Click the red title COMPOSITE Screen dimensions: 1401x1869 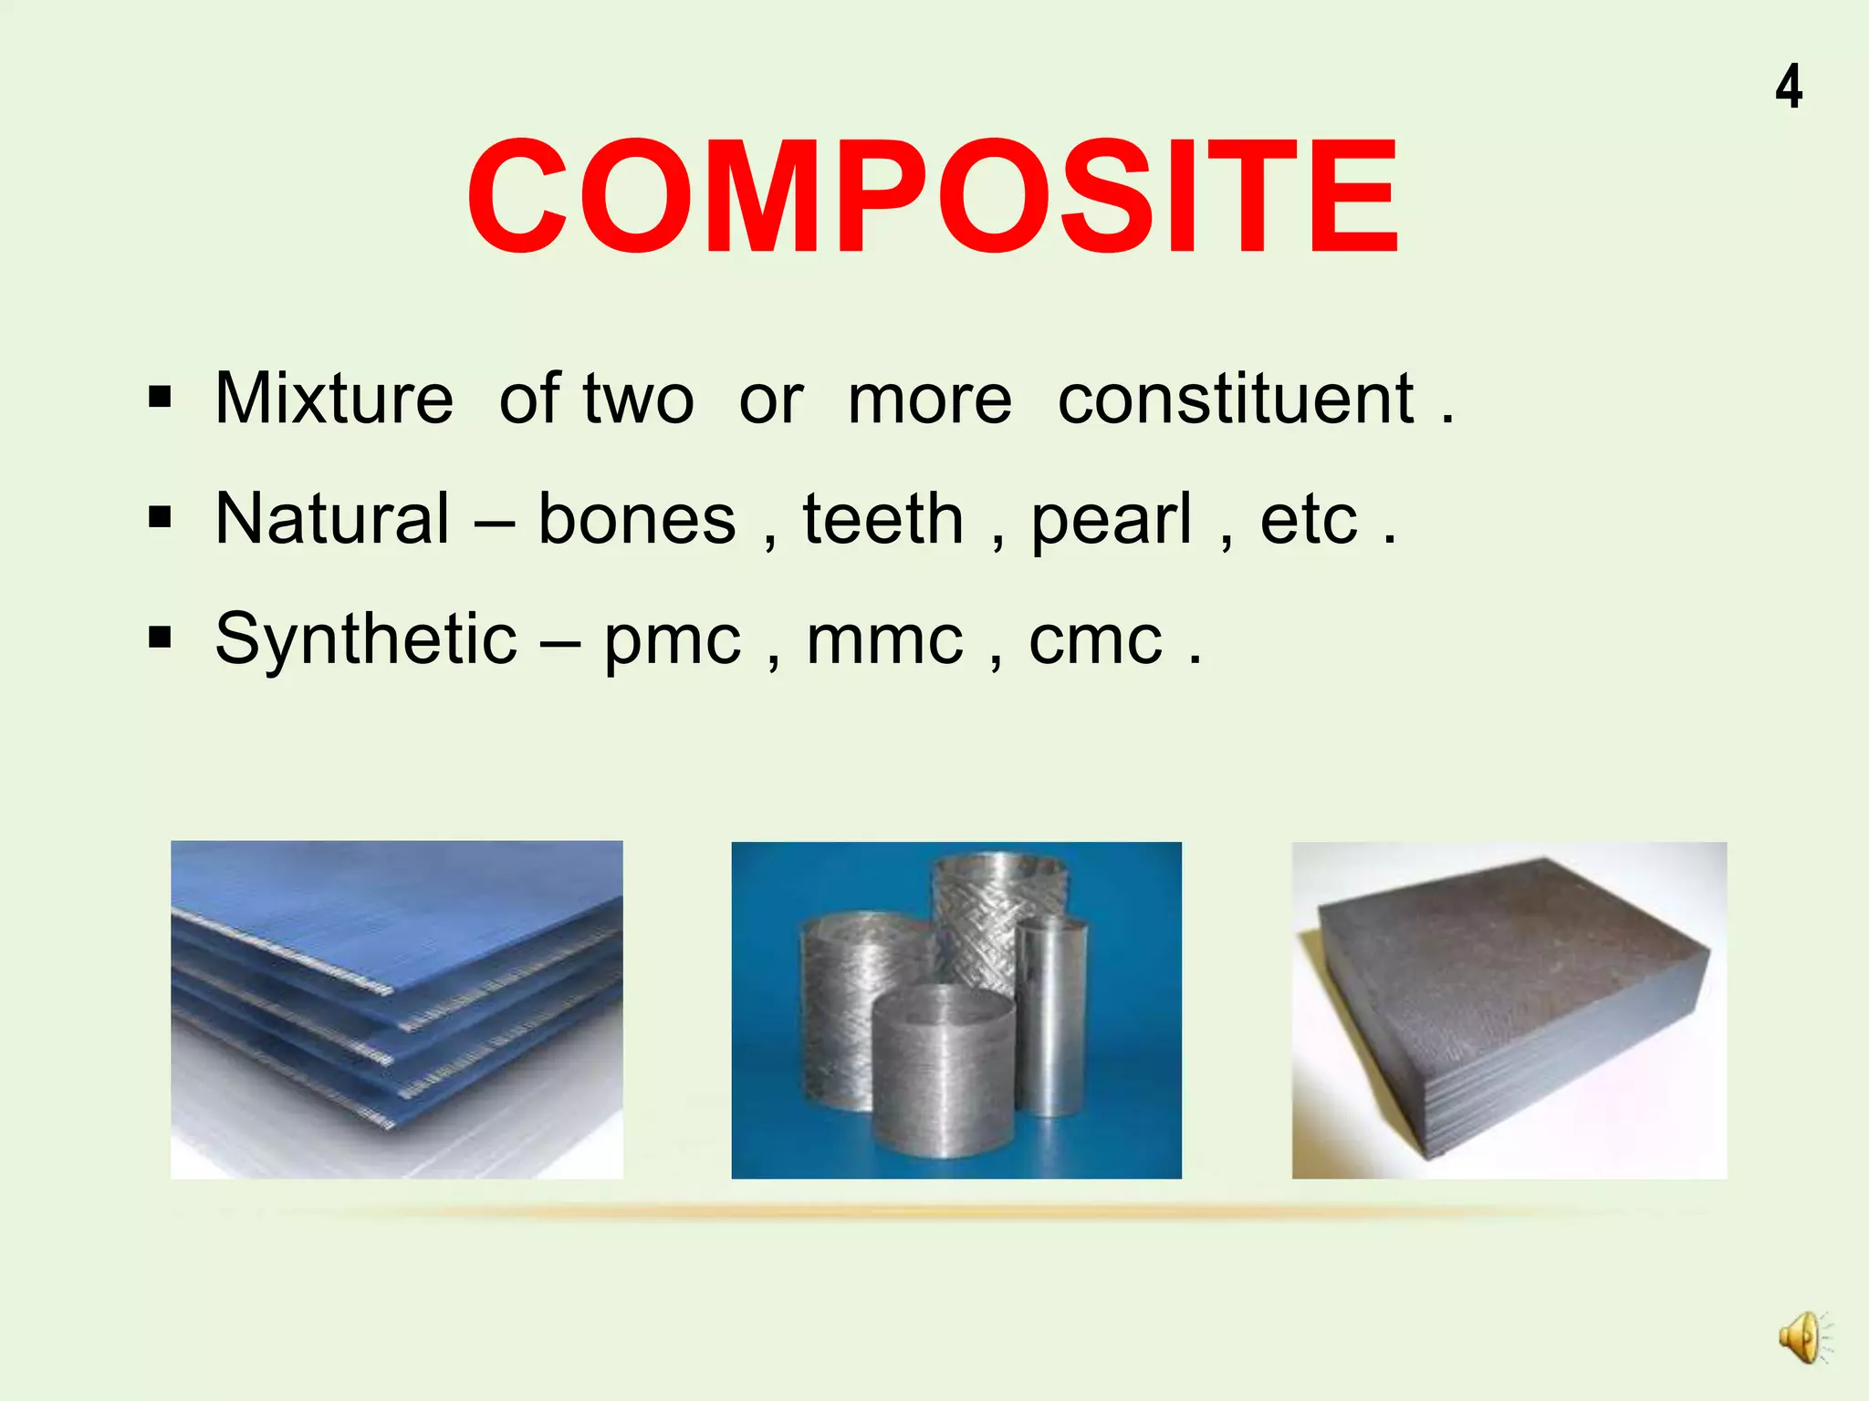point(933,195)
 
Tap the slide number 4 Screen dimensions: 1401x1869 point(1789,88)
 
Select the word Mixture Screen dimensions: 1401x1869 point(334,399)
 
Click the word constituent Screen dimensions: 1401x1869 point(1236,399)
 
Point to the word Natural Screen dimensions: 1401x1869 point(332,518)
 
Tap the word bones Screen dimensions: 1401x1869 point(636,518)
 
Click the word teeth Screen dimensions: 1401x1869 point(882,518)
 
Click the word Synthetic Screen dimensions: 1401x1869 point(366,638)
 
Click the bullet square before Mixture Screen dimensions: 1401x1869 point(160,398)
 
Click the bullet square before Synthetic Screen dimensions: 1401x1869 point(160,638)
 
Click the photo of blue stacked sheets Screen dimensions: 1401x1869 point(396,1009)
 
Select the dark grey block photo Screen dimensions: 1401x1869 point(1509,1009)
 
